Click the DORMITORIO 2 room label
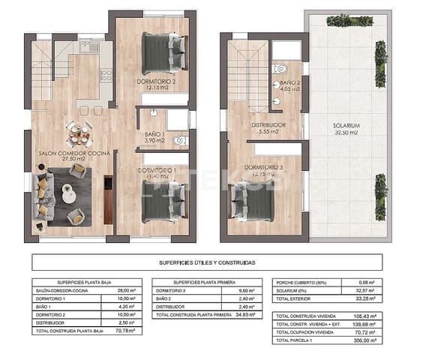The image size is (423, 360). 156,81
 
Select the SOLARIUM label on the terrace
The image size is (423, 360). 347,125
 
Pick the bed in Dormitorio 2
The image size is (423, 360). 163,52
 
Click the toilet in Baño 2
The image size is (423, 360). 280,70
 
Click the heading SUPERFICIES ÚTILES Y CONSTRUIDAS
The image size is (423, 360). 207,262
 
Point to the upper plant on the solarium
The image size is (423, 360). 380,53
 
